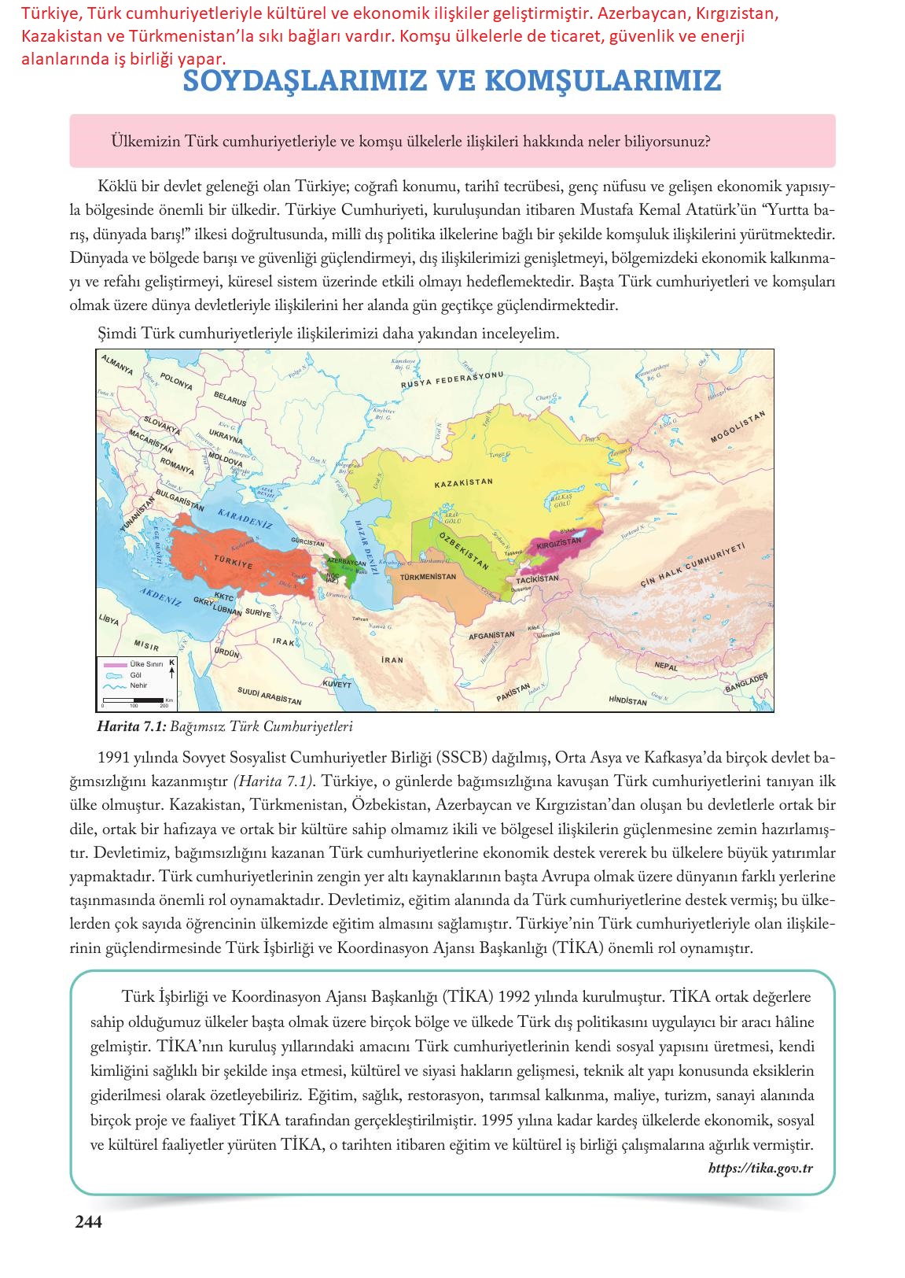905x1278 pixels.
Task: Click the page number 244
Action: [88, 1222]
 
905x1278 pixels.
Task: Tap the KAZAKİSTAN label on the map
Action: [463, 482]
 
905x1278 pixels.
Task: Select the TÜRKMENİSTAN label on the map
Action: [429, 577]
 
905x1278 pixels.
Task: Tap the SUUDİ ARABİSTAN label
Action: [269, 696]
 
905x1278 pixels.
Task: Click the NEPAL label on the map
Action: [665, 666]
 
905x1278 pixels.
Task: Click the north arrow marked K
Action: [171, 669]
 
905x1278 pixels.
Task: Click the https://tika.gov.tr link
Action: [760, 1168]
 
